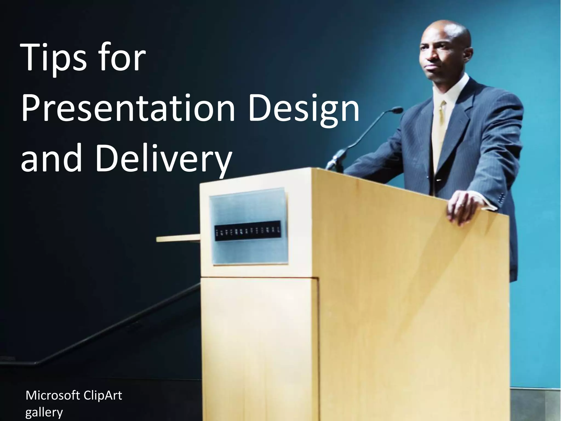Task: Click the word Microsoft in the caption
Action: (53, 396)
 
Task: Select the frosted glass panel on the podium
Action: (248, 208)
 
